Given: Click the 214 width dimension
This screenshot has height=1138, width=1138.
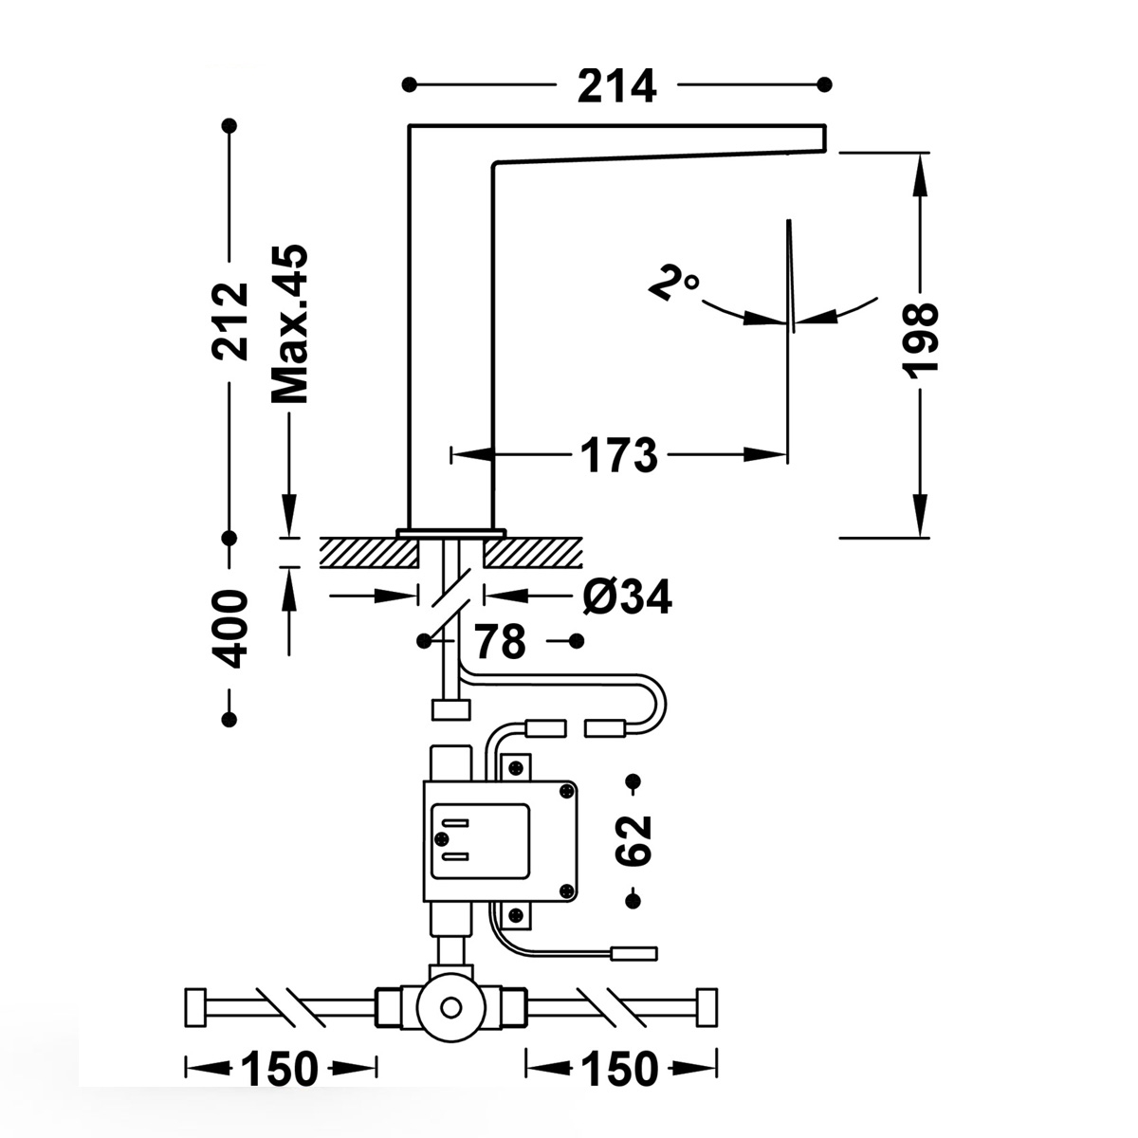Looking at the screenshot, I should click(616, 86).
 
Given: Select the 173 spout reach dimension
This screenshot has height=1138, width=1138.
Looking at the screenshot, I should click(618, 456).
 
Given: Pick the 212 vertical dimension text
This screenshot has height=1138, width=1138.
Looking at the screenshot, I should click(229, 321).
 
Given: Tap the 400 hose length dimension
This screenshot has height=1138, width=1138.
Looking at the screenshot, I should click(229, 628).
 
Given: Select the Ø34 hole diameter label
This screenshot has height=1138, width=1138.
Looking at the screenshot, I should click(627, 597).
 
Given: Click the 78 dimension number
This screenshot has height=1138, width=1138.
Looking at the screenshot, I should click(500, 642).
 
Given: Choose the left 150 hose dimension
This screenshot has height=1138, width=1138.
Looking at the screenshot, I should click(280, 1070).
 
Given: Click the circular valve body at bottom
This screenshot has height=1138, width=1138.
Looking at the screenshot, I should click(452, 1005).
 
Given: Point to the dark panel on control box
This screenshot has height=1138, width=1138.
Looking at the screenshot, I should click(480, 840).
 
